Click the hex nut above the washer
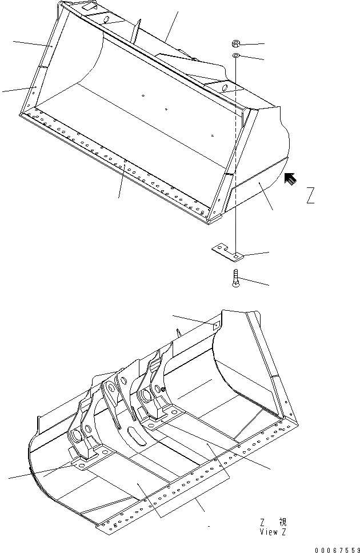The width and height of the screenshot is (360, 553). pyautogui.click(x=236, y=43)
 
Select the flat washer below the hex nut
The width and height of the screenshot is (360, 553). pyautogui.click(x=236, y=56)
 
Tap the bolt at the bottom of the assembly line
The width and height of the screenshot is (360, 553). pyautogui.click(x=236, y=279)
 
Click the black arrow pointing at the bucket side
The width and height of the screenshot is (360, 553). pyautogui.click(x=291, y=180)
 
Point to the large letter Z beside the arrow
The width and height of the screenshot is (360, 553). pyautogui.click(x=310, y=195)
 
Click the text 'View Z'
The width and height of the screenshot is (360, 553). pyautogui.click(x=273, y=532)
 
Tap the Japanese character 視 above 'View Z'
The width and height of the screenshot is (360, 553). pyautogui.click(x=283, y=522)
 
